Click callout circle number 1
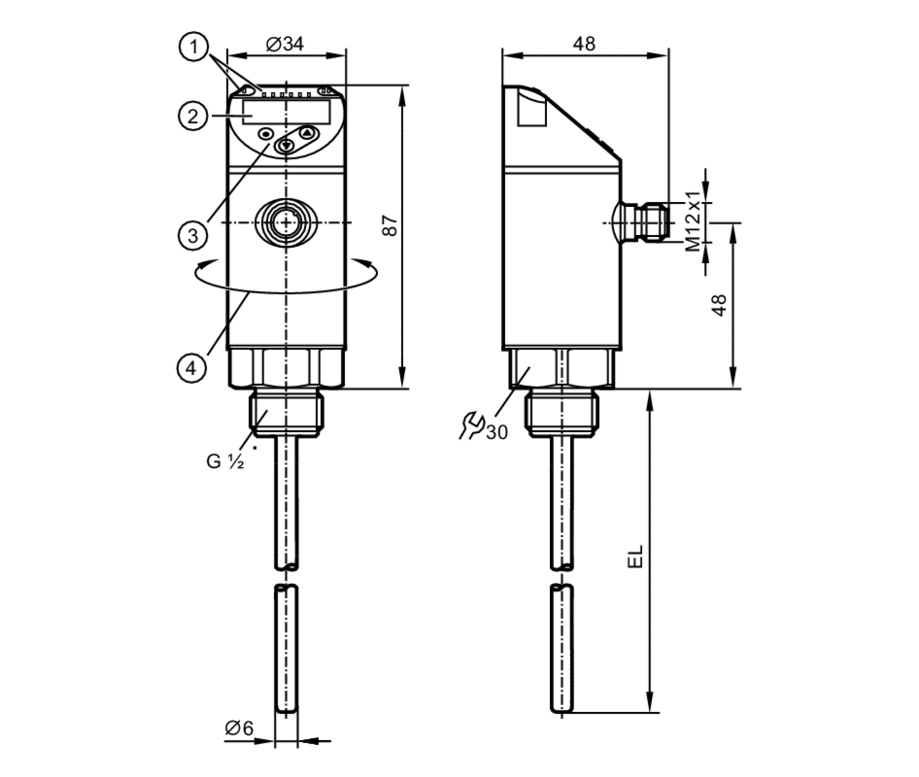(193, 47)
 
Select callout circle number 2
(193, 116)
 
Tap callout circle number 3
(193, 236)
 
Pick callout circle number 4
(191, 368)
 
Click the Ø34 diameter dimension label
(285, 44)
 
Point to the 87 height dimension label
(390, 225)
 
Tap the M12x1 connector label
(693, 221)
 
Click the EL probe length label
(635, 557)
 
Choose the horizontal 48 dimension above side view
(584, 44)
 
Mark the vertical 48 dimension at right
(719, 305)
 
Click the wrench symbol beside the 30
(471, 426)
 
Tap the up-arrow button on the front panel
(307, 133)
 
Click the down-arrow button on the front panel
(286, 146)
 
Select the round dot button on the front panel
(266, 135)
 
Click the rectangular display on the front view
(286, 112)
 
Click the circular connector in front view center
(286, 222)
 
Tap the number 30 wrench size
(497, 432)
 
